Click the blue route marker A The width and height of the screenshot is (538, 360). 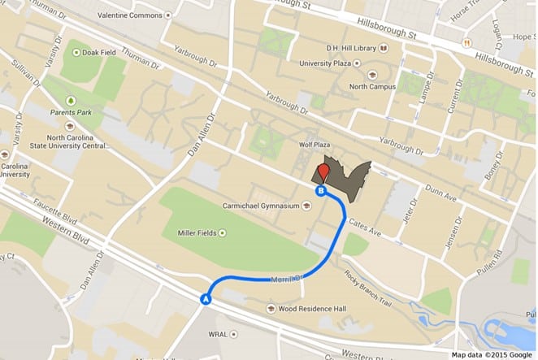tap(206, 299)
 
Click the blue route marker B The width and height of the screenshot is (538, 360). tap(321, 191)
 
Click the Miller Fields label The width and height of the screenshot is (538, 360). tap(197, 233)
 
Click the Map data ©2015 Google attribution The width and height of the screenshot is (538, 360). tap(492, 354)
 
